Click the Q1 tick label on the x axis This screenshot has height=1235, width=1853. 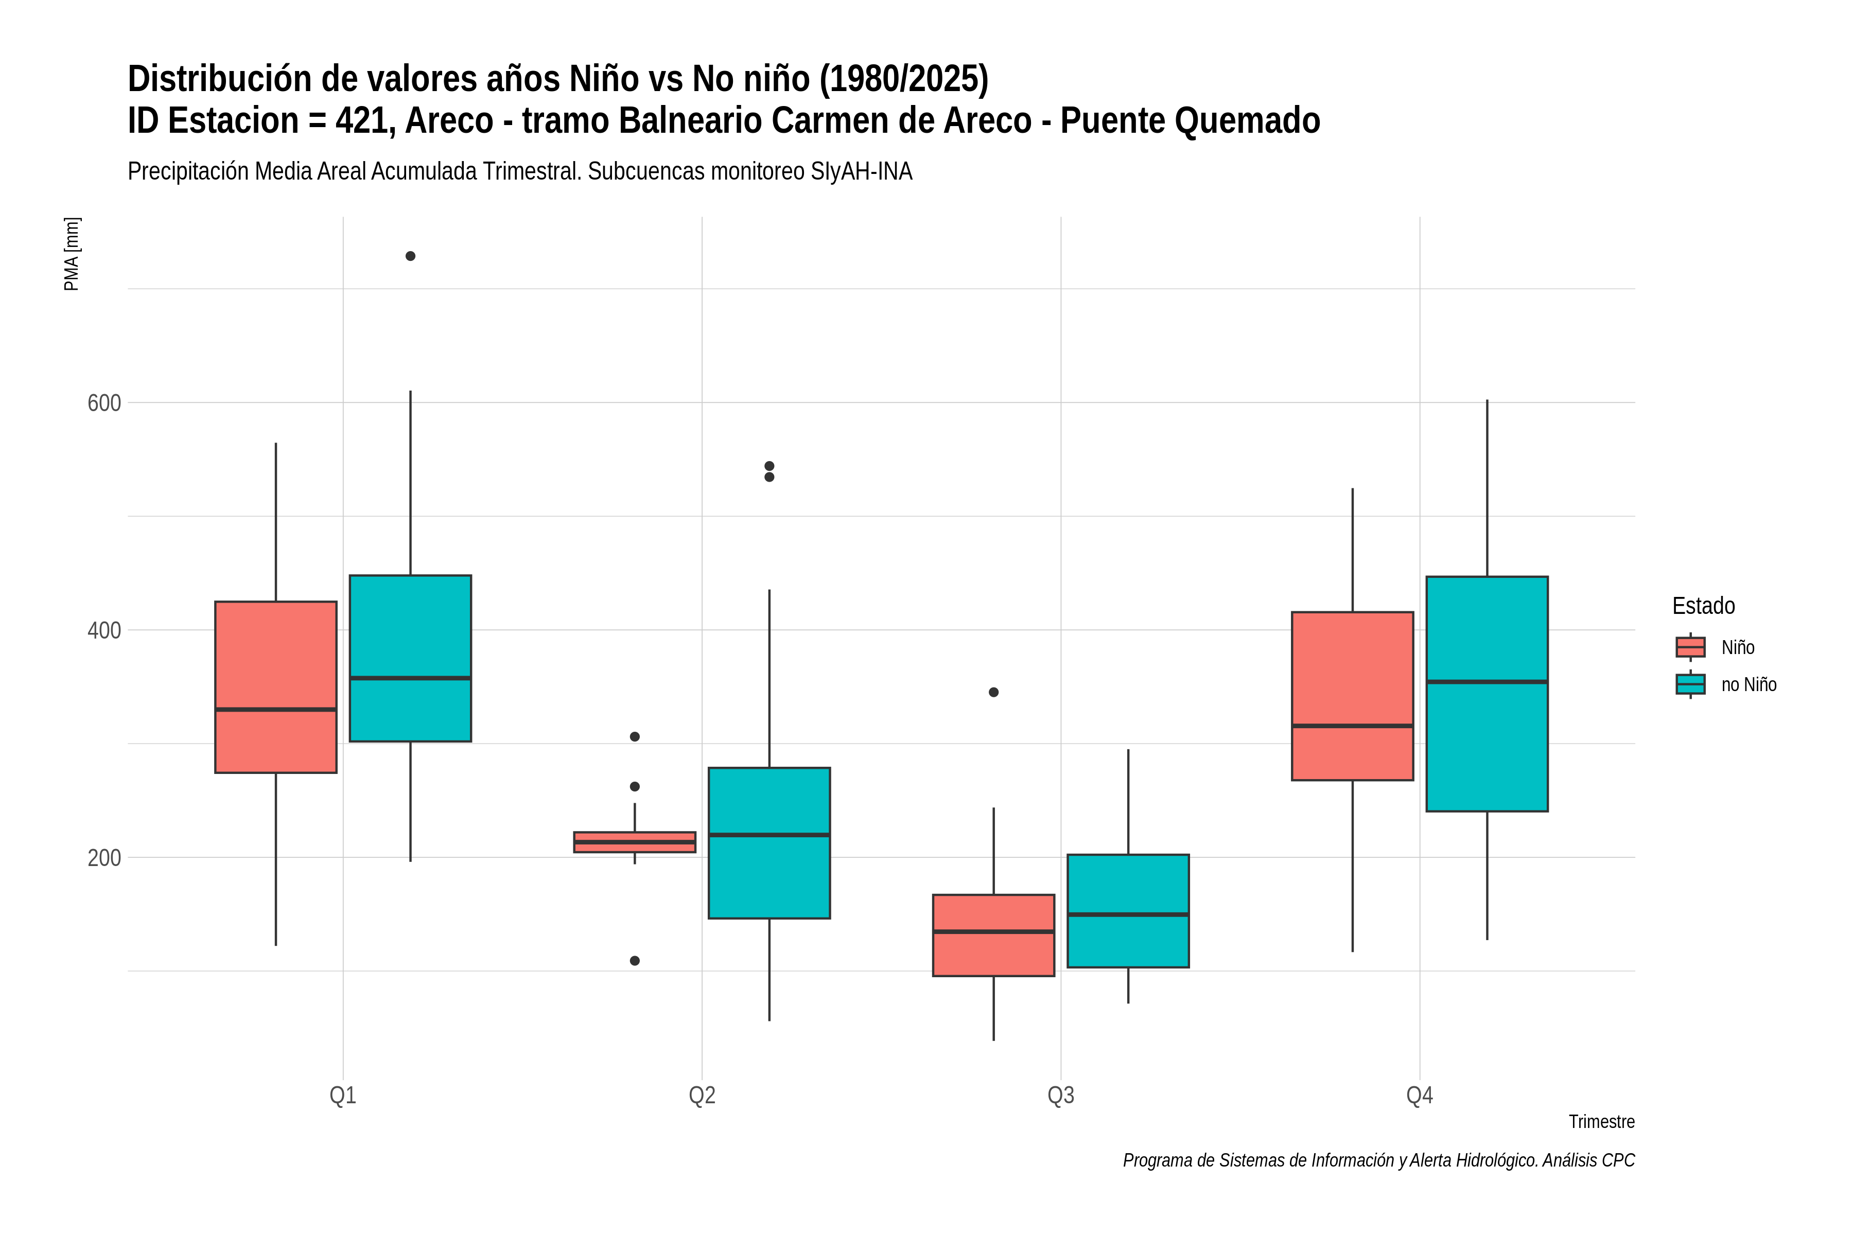[343, 1096]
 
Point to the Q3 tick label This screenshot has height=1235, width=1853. [1060, 1096]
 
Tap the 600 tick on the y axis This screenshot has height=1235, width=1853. [104, 403]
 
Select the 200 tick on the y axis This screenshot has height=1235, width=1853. [104, 858]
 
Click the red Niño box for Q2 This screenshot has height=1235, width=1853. [634, 842]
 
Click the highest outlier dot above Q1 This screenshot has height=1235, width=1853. [410, 256]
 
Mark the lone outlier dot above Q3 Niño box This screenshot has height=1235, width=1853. [993, 692]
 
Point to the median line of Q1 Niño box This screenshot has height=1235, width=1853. [276, 710]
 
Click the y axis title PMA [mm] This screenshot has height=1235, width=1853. [72, 254]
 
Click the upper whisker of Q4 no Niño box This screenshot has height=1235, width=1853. [1487, 488]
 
